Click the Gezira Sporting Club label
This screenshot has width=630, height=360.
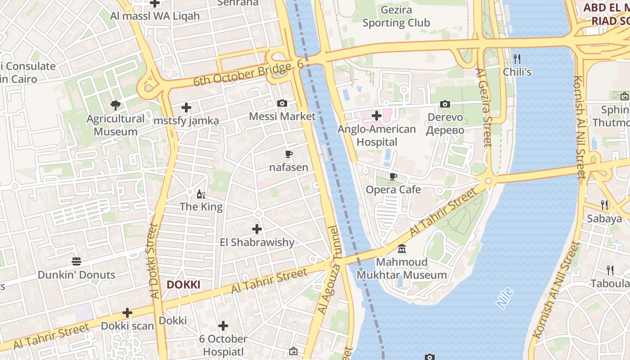396,16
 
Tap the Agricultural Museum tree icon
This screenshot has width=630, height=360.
116,105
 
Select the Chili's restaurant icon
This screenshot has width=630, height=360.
517,59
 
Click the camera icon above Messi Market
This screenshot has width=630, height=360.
282,103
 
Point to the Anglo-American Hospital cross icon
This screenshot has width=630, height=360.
377,116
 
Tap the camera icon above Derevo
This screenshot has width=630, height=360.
445,104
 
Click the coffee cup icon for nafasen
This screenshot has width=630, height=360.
289,154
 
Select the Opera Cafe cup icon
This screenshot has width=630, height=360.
393,176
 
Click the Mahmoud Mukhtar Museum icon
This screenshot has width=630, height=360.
402,248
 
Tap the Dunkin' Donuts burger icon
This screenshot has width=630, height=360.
76,261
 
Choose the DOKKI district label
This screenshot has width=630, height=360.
183,285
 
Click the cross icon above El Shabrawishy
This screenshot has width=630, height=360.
257,229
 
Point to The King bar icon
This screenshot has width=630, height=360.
201,194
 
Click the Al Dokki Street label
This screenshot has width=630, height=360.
153,261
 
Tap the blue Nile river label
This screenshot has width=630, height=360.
505,298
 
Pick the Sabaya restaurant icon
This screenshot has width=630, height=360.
605,205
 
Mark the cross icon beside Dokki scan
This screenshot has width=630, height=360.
127,313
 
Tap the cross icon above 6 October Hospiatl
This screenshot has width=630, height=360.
223,326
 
